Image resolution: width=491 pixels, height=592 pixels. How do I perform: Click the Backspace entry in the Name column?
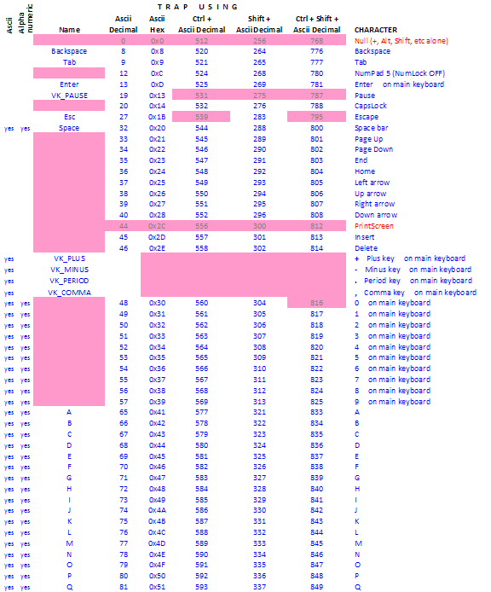tap(69, 51)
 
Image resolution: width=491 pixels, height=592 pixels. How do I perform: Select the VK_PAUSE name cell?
tap(69, 95)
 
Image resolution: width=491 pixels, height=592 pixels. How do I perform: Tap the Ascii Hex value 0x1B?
tap(158, 117)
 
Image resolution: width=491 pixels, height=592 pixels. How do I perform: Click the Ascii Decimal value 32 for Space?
tap(124, 128)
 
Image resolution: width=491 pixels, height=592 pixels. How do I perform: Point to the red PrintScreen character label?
tap(374, 226)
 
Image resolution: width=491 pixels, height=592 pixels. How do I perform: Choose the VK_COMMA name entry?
tap(69, 292)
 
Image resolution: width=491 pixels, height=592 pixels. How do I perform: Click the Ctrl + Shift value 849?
tap(317, 587)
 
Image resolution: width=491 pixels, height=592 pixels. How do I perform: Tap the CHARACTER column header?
tap(375, 30)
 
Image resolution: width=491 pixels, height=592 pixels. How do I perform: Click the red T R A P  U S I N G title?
tap(198, 7)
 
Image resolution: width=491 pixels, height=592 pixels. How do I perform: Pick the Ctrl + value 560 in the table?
tap(201, 303)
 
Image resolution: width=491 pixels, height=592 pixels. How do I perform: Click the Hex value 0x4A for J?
tap(158, 510)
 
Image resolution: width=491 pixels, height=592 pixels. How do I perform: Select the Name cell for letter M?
tap(69, 543)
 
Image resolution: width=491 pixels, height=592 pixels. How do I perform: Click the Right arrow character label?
tap(375, 204)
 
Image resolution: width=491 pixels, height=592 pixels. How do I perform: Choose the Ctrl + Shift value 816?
tap(317, 303)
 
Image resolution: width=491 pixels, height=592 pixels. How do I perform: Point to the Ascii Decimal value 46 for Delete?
tap(124, 248)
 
